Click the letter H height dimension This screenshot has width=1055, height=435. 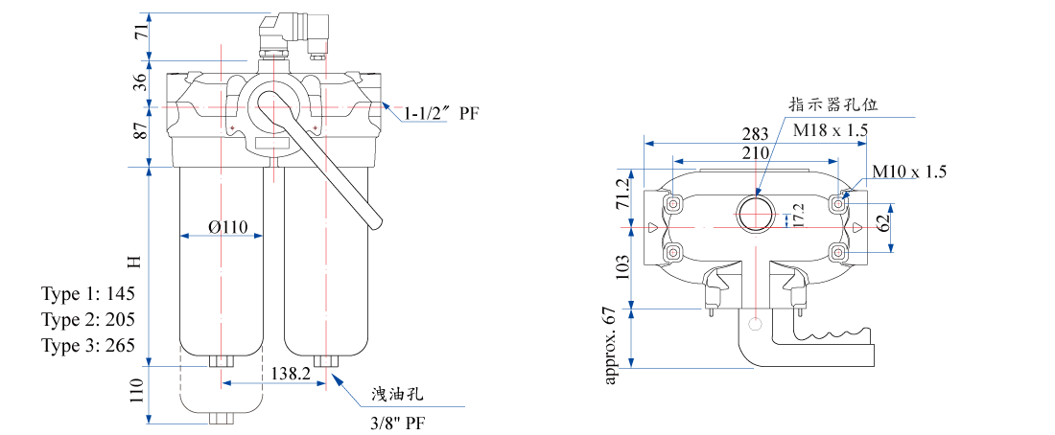135,261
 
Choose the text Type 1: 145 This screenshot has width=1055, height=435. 88,292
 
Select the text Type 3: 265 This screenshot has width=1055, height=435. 88,345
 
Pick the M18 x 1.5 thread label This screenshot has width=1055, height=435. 830,128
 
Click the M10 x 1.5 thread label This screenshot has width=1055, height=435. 909,172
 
